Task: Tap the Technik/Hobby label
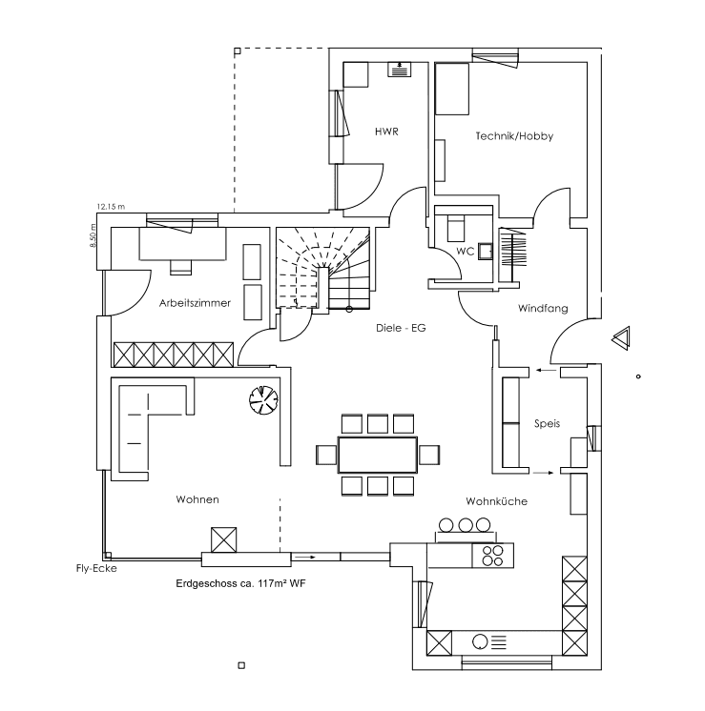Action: [x=514, y=136]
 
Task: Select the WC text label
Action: [x=466, y=251]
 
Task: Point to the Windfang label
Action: [x=543, y=309]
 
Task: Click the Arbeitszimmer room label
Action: [x=195, y=302]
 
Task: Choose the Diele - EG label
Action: [x=401, y=327]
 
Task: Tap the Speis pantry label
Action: [x=548, y=423]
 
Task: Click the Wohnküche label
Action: [x=496, y=500]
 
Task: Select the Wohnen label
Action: [x=197, y=499]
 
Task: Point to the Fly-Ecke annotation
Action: [x=96, y=569]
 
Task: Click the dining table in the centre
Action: [x=378, y=455]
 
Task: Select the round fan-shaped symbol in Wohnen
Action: [x=261, y=399]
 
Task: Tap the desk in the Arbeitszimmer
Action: [x=184, y=243]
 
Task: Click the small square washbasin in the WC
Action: [x=486, y=251]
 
